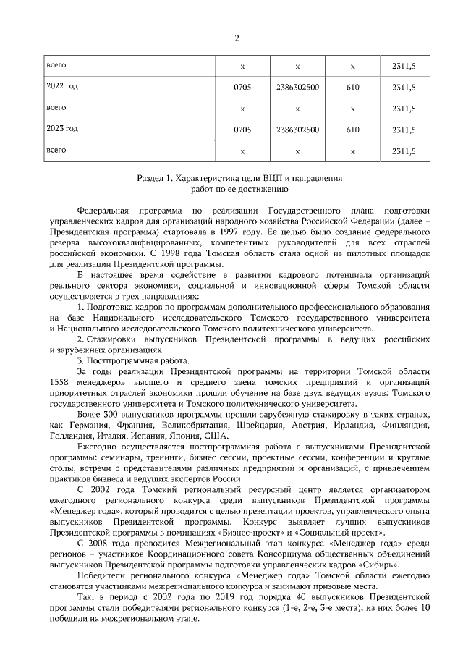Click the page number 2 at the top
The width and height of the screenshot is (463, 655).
pos(237,38)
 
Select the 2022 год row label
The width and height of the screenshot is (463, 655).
pos(62,86)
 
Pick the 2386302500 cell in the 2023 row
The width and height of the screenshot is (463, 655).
pos(297,130)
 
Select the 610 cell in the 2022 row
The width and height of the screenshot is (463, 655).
pos(352,88)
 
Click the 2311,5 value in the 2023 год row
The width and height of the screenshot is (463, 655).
pos(403,130)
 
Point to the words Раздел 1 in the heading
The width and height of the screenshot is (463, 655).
pos(156,177)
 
